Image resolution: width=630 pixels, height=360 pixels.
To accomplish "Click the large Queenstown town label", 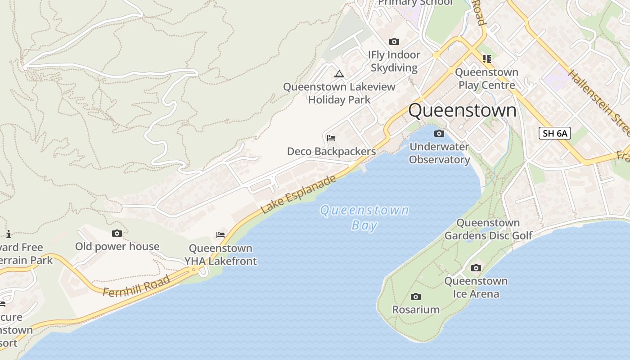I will pos(462,110).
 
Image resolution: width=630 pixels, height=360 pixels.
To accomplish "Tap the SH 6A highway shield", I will pos(554,133).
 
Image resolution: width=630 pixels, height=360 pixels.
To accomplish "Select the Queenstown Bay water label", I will pos(364,217).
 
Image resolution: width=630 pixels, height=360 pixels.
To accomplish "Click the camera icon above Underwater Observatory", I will pos(439,134).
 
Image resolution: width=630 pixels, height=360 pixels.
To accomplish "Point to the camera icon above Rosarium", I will pos(416,297).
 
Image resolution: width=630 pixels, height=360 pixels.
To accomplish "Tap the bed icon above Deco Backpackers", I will pos(331,138).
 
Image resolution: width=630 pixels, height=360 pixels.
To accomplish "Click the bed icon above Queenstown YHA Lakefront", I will pos(220,235).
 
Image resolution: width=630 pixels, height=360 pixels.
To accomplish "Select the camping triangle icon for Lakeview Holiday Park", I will pos(339,74).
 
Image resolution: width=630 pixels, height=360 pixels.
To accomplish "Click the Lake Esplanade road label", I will pos(298,194).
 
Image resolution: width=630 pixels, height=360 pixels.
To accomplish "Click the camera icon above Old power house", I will pos(117,233).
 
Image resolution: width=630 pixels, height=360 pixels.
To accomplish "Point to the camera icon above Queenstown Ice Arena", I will pos(476,268).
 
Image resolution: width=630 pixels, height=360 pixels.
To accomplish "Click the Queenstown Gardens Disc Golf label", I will pos(488,229).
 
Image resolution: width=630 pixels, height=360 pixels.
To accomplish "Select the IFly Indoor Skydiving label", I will pos(394,61).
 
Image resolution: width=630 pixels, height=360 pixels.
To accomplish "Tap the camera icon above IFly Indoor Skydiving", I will pos(394,42).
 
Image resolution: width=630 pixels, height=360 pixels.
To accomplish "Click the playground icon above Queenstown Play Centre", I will pos(486,58).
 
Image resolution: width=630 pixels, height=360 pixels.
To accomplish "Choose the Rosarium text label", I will pos(416,310).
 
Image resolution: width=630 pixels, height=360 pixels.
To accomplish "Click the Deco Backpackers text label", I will pos(331,151).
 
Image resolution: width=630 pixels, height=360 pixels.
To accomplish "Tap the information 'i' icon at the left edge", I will pos(8,234).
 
